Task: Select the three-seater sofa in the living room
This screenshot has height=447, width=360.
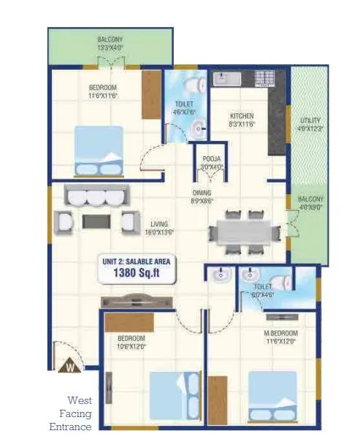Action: coord(96,196)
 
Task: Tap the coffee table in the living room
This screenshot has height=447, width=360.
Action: coord(95,221)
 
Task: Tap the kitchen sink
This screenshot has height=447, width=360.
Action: coord(222,78)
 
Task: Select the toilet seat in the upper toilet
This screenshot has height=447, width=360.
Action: coord(191,83)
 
